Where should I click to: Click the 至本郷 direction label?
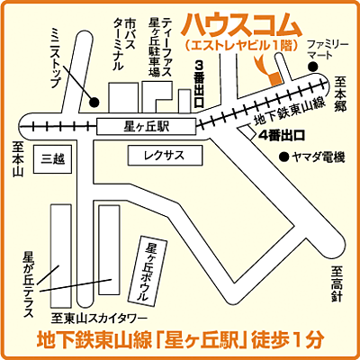(x=341, y=95)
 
